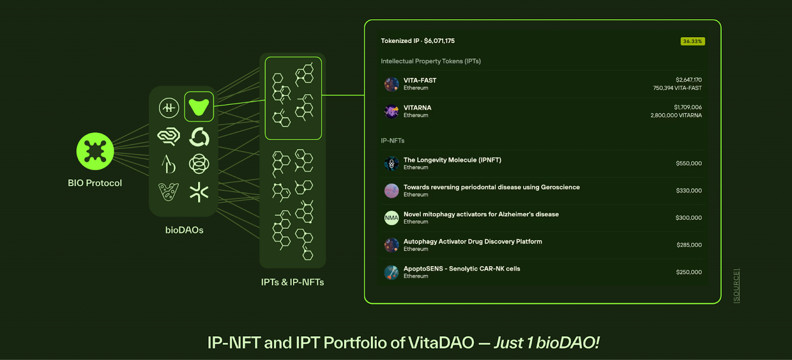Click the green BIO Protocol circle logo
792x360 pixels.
coord(95,151)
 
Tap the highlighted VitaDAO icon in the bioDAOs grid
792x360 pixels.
coord(199,106)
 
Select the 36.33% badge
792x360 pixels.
coord(693,42)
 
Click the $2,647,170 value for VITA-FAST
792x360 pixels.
coord(689,80)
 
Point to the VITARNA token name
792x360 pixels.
coord(417,107)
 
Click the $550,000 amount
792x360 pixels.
coord(689,163)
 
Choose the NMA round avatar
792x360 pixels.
coord(392,218)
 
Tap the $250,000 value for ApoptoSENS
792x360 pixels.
coord(689,272)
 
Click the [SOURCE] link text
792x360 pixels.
coord(737,285)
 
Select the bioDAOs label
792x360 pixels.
coord(184,230)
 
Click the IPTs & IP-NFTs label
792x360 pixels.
coord(293,282)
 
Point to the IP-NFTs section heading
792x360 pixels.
coord(393,141)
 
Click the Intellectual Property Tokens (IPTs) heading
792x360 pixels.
coord(431,61)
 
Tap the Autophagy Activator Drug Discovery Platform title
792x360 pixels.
coord(473,242)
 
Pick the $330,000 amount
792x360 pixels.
coord(689,191)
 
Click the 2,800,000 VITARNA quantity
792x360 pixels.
coord(676,115)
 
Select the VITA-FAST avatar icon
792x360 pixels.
coord(392,84)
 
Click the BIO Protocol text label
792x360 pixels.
coord(95,183)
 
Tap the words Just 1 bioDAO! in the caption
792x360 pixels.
coord(546,343)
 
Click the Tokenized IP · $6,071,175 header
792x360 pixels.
coord(418,41)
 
